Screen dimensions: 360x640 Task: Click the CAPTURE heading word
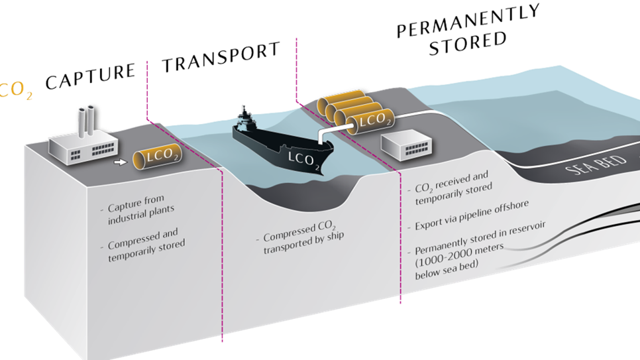tap(90, 76)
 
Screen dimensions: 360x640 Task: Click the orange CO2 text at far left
tap(16, 91)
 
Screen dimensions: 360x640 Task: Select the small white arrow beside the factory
tap(119, 160)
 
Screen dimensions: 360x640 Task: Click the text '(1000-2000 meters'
tap(460, 263)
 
